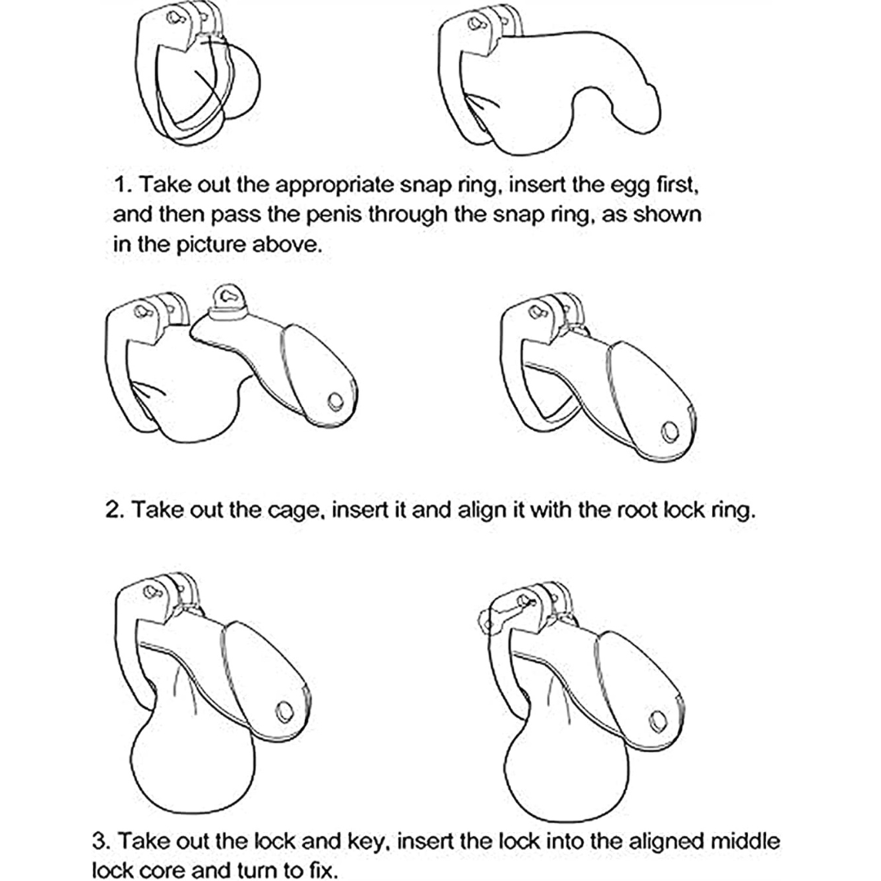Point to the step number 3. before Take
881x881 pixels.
[102, 841]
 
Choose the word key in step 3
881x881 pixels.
[368, 842]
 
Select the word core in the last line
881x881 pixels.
[160, 870]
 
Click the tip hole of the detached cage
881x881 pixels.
[335, 401]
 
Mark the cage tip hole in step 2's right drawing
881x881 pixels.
[670, 432]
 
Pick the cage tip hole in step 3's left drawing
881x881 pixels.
[285, 712]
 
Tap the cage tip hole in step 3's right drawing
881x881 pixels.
[657, 721]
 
